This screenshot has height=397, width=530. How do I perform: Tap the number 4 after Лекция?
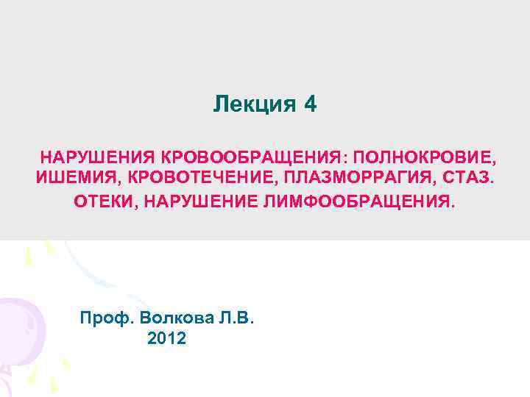(310, 104)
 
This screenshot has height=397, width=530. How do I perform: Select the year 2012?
(167, 339)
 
